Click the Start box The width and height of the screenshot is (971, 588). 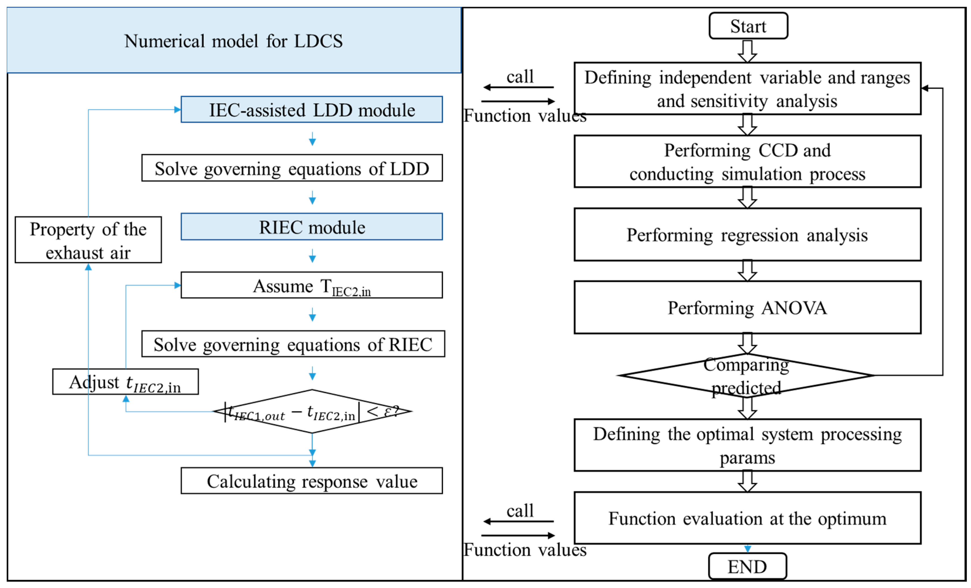tap(748, 26)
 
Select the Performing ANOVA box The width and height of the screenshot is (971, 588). tap(747, 307)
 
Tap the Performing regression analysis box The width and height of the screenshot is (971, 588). tap(747, 235)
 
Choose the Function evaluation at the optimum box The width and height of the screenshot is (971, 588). tap(747, 518)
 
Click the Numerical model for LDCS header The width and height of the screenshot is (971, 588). tap(233, 41)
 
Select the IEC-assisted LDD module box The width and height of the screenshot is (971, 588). tap(311, 109)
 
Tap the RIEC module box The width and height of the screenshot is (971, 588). tap(311, 227)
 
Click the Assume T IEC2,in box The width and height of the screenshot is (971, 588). tap(311, 285)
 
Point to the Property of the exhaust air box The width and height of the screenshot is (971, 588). tap(88, 240)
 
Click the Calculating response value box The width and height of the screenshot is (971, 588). tap(311, 481)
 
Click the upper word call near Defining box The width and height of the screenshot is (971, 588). tap(520, 76)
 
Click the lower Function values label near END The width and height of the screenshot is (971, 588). tap(525, 549)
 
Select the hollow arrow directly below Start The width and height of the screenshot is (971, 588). tap(747, 51)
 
